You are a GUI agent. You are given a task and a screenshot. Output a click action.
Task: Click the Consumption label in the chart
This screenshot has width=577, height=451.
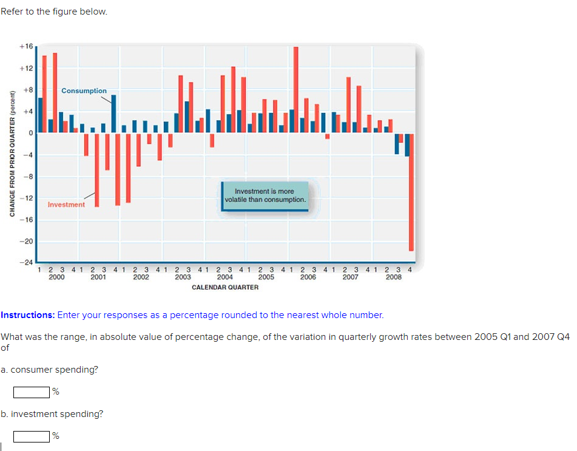(x=84, y=91)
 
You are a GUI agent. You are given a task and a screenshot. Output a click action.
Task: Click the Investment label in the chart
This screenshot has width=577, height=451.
(x=66, y=205)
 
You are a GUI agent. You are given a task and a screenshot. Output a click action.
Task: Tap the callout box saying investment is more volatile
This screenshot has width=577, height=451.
(x=265, y=195)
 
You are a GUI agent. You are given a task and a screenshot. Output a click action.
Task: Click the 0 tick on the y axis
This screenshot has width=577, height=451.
(x=29, y=133)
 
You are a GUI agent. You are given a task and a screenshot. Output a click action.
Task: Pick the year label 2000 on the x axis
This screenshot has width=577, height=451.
(x=56, y=277)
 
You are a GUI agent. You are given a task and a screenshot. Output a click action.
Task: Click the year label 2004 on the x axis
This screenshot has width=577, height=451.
(x=224, y=277)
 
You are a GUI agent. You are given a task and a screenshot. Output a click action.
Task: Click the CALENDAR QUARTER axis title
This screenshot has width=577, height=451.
(x=225, y=287)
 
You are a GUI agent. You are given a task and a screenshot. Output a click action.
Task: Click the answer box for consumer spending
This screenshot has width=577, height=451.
(x=32, y=392)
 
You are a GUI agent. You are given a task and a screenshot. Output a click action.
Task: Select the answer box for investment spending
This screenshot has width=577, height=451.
(x=32, y=436)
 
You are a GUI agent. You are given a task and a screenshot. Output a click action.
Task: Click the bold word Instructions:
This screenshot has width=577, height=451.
(x=27, y=315)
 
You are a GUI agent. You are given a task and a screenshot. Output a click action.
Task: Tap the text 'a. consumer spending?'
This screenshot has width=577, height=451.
(x=50, y=370)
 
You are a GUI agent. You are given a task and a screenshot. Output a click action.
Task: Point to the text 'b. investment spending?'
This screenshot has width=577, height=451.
(x=52, y=414)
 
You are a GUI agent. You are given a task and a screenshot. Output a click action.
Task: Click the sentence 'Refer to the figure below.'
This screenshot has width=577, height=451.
(x=54, y=12)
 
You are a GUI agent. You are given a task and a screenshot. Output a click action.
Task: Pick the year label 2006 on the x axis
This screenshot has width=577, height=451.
(x=308, y=277)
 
